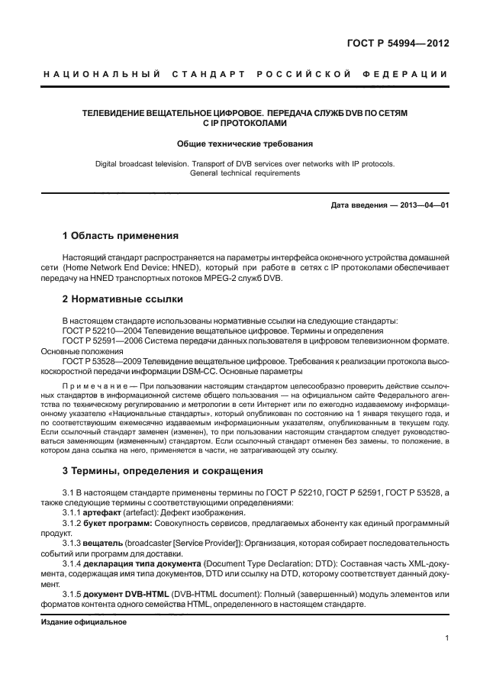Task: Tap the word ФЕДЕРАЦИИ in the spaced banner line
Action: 411,74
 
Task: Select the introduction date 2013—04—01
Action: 422,205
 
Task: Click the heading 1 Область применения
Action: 120,235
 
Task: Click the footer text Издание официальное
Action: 82,621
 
